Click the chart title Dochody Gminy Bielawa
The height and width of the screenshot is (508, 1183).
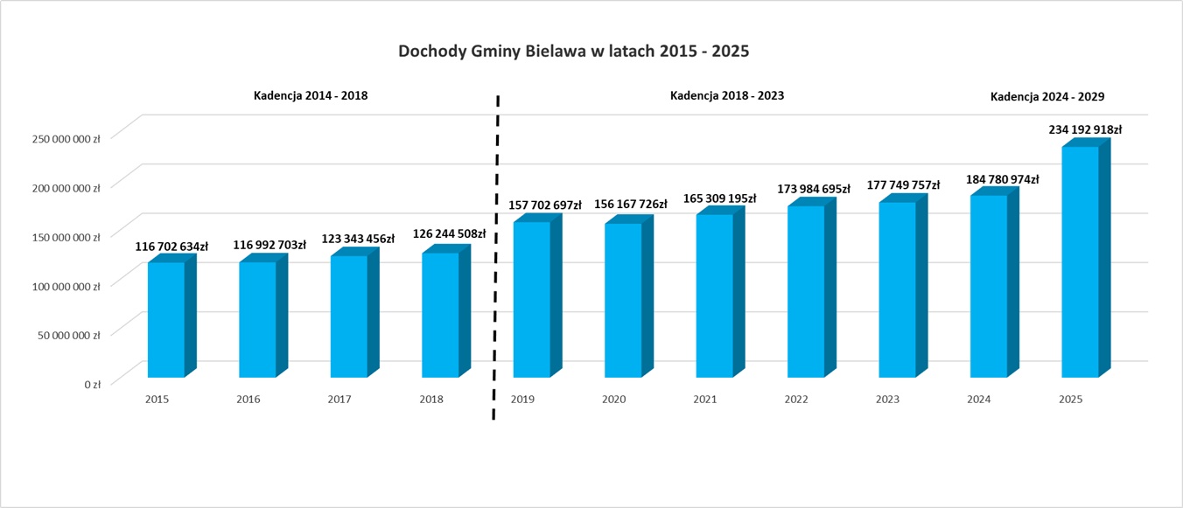tap(573, 52)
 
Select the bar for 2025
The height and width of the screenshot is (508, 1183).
tap(1079, 262)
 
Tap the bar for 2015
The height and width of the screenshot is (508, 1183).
tap(165, 319)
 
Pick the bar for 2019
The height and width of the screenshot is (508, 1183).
tap(531, 300)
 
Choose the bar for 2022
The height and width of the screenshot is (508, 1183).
tap(806, 291)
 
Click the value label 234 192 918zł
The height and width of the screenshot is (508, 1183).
tap(1085, 129)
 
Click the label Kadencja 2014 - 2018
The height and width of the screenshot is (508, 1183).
tap(311, 96)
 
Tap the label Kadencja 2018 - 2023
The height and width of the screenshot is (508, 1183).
tap(726, 96)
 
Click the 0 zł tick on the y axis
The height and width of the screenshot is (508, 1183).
tap(92, 384)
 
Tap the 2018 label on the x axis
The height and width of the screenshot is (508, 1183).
tap(430, 400)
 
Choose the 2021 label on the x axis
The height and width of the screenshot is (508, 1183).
tap(705, 400)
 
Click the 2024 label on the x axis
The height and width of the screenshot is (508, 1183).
tap(979, 400)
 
